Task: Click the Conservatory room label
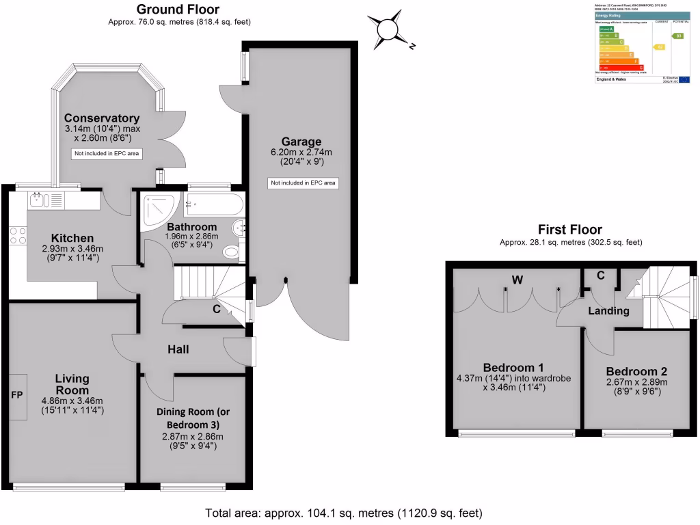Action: pos(102,118)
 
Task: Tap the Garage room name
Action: pos(304,142)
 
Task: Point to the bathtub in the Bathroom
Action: pos(213,203)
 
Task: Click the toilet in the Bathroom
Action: pos(232,253)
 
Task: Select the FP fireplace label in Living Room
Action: pos(17,394)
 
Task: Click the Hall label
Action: pos(178,349)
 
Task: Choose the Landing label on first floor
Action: pos(610,311)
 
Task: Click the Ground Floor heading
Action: pos(178,10)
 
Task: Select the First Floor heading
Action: pos(570,230)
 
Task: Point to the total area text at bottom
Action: pos(344,513)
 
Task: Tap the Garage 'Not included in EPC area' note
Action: pos(304,183)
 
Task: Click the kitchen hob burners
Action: pos(18,235)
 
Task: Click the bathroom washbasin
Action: pos(237,228)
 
